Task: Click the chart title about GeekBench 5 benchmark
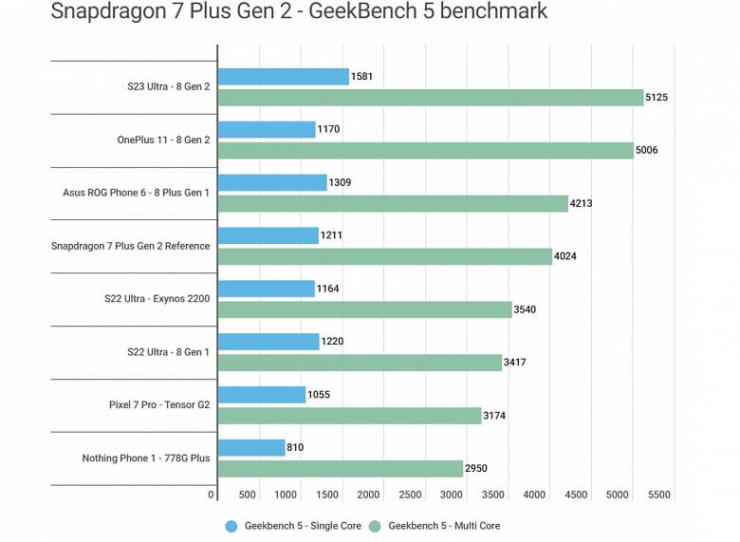[299, 13]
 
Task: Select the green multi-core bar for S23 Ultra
[431, 97]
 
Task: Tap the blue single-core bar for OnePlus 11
[267, 129]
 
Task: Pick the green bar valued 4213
[393, 203]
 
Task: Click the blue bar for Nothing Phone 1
[251, 447]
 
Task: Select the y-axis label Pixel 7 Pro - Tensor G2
[159, 405]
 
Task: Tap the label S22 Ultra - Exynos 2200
[157, 299]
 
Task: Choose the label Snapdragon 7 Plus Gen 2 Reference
[131, 246]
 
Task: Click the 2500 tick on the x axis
[411, 495]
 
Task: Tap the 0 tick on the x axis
[212, 495]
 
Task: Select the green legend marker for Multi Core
[375, 525]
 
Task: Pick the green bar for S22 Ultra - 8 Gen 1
[360, 363]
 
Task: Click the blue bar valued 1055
[262, 395]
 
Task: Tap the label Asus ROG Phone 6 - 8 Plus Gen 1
[137, 193]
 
